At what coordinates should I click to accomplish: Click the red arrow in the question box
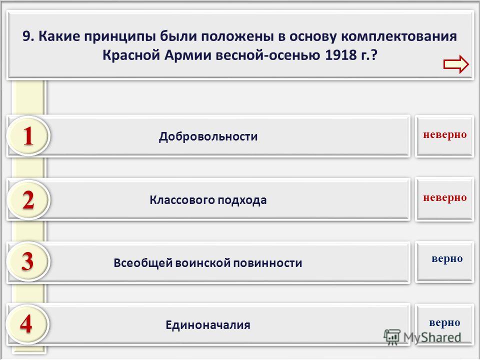[x=456, y=64]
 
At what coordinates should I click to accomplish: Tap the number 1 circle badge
[x=28, y=136]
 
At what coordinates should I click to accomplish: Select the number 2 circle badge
[x=28, y=200]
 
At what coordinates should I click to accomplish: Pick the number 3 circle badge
[x=28, y=261]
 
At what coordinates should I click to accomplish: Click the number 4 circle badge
[x=27, y=324]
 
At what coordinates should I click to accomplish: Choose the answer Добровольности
[x=208, y=136]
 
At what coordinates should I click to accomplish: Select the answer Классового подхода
[x=208, y=200]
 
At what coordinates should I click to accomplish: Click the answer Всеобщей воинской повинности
[x=208, y=263]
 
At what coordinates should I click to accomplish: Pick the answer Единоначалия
[x=208, y=325]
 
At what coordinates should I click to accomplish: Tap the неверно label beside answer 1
[x=445, y=134]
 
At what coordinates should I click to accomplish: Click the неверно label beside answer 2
[x=445, y=198]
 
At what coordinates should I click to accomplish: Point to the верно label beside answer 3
[x=447, y=259]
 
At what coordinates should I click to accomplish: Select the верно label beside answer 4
[x=444, y=323]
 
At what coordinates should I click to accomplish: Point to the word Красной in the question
[x=131, y=55]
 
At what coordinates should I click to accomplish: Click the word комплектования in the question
[x=399, y=36]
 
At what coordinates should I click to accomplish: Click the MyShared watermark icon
[x=392, y=337]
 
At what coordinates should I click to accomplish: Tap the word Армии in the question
[x=188, y=55]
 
